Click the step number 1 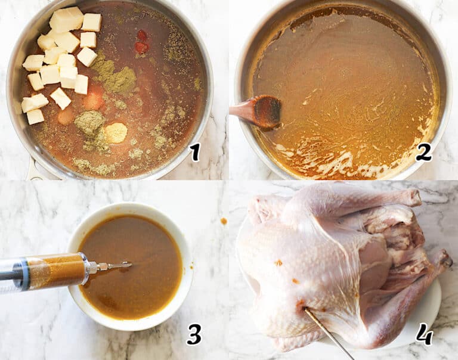click(194, 153)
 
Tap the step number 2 click(423, 153)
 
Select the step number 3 click(194, 334)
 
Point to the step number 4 click(424, 334)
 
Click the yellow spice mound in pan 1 click(116, 132)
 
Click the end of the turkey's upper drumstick click(411, 197)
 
